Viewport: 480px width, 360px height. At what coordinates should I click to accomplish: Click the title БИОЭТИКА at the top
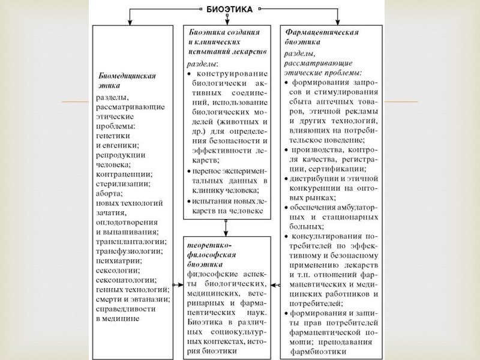[x=229, y=10]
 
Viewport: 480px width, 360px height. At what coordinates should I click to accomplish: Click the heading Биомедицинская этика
[x=127, y=81]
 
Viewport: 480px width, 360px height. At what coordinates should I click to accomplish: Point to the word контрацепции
[x=122, y=175]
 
